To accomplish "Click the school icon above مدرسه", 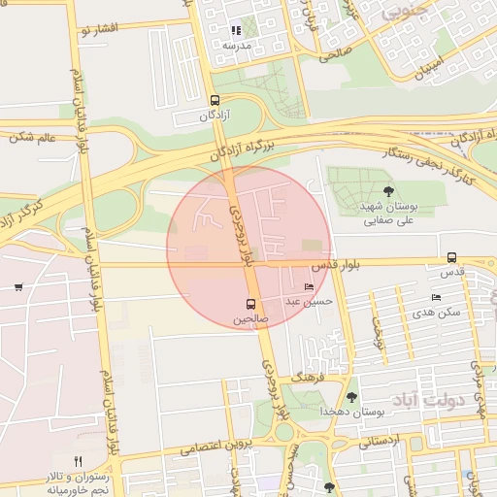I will [x=236, y=31].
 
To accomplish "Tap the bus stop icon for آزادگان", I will [x=214, y=100].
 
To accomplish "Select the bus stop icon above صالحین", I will [x=251, y=304].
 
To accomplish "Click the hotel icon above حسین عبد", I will [x=309, y=287].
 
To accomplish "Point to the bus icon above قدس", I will [x=451, y=257].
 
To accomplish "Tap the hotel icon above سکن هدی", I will [x=436, y=297].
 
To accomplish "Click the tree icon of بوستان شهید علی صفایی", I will [x=388, y=190].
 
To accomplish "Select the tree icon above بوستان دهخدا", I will [x=351, y=396].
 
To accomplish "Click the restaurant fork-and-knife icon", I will [x=78, y=461].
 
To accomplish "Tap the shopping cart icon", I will [x=18, y=287].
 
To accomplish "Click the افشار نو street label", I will [x=99, y=30].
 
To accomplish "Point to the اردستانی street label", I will [x=380, y=442].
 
